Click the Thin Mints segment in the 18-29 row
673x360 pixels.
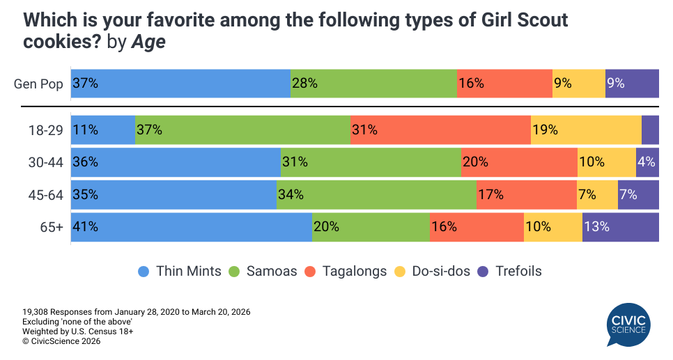tap(102, 130)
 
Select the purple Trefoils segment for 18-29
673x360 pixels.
tap(650, 130)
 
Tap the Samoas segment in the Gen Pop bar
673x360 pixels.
tap(373, 84)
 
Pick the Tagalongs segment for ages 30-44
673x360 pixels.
tap(518, 162)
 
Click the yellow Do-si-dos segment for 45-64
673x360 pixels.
tap(597, 195)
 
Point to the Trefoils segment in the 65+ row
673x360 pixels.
tap(620, 227)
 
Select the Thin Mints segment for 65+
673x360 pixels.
tap(191, 227)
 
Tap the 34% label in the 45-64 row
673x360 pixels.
tap(291, 195)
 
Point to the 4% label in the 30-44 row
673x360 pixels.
tap(647, 162)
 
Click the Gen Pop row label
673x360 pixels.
tap(38, 84)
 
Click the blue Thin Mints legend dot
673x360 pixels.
tap(144, 272)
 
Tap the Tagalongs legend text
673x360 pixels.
tap(354, 272)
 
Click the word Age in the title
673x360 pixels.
tap(150, 42)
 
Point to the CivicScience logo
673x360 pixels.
tap(628, 324)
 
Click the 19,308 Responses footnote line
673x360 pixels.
tap(136, 311)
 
